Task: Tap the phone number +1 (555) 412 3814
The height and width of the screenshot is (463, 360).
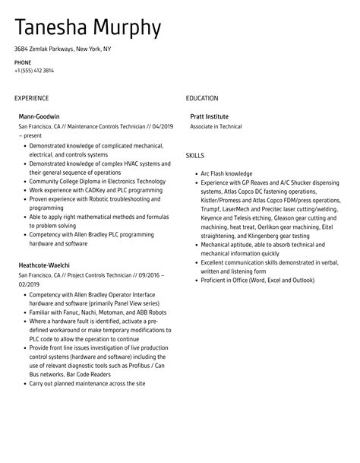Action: tap(34, 71)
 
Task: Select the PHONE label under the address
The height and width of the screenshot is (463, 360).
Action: tap(23, 62)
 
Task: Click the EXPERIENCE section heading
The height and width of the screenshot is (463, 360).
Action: tap(31, 98)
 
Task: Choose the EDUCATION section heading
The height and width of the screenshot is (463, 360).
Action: tap(202, 98)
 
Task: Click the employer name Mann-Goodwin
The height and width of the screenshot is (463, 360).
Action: tap(39, 116)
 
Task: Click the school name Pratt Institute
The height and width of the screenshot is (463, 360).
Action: tap(209, 116)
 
